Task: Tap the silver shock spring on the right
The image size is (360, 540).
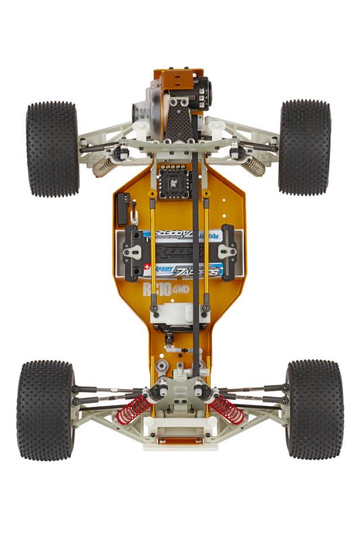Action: pyautogui.click(x=254, y=165)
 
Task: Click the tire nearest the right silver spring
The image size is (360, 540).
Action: pyautogui.click(x=305, y=147)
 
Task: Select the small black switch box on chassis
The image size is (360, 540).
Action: pyautogui.click(x=122, y=209)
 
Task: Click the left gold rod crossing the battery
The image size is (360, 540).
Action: pyautogui.click(x=153, y=250)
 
